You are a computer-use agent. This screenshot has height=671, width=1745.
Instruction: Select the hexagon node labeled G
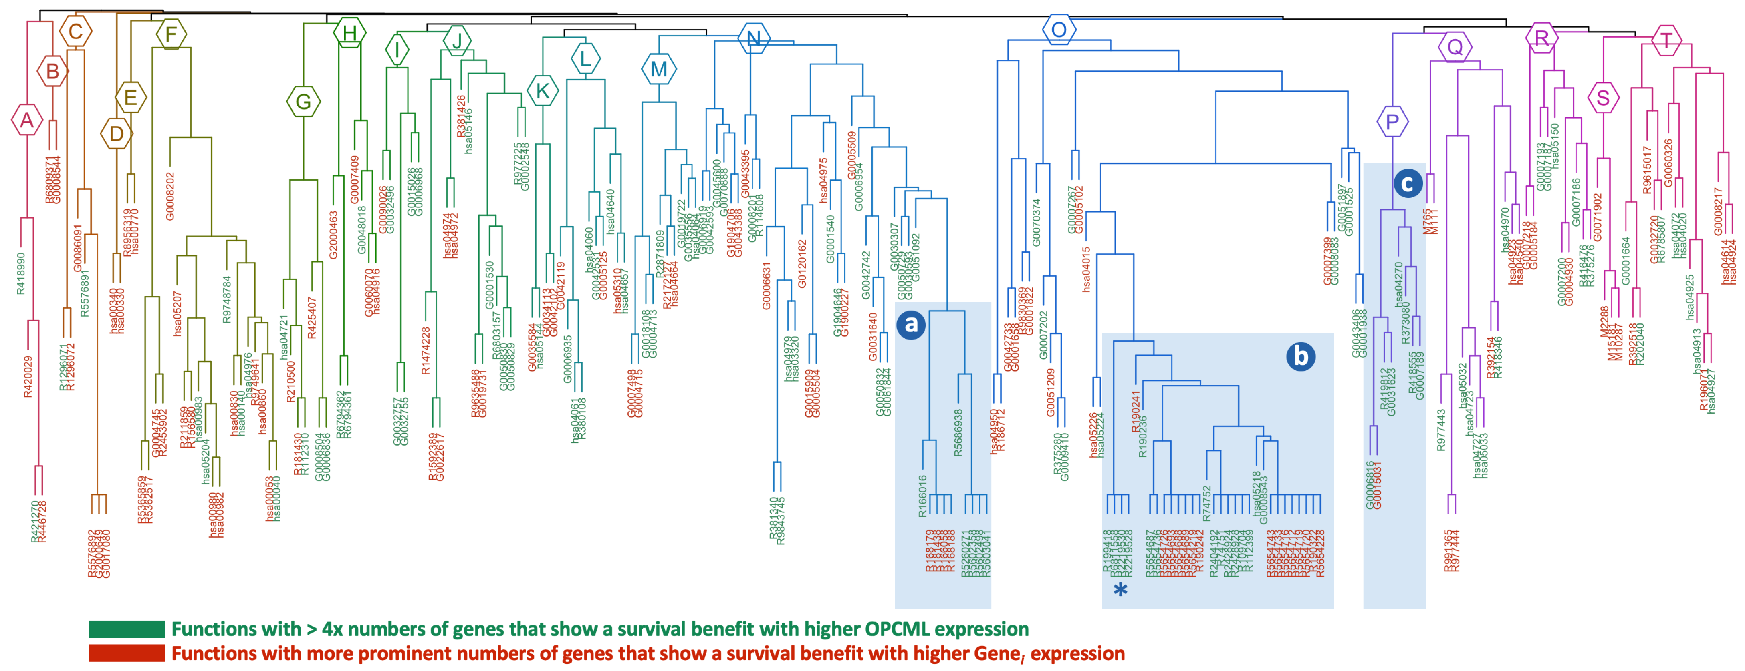[x=303, y=102]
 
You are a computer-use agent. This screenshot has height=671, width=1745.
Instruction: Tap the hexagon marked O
[x=1059, y=30]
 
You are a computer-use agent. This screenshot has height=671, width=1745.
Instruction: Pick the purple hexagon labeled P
[x=1392, y=122]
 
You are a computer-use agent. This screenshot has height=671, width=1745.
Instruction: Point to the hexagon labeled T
[x=1666, y=40]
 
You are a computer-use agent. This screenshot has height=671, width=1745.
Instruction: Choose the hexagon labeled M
[x=658, y=69]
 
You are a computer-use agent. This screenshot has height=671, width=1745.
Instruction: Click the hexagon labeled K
[x=543, y=91]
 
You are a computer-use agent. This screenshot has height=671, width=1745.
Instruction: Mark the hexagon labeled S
[x=1603, y=98]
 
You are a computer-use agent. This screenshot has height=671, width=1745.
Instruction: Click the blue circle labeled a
[x=911, y=324]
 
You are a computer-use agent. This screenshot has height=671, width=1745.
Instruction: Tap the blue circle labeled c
[x=1408, y=183]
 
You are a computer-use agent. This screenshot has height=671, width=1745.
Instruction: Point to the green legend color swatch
[x=127, y=629]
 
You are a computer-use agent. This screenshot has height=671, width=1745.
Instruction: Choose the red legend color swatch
[x=127, y=653]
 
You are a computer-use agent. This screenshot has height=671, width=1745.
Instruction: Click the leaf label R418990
[x=21, y=273]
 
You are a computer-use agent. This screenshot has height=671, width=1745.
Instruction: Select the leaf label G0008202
[x=170, y=196]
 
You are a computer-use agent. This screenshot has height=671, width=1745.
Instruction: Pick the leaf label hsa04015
[x=1087, y=269]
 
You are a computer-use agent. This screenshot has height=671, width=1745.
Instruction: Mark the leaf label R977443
[x=1441, y=429]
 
